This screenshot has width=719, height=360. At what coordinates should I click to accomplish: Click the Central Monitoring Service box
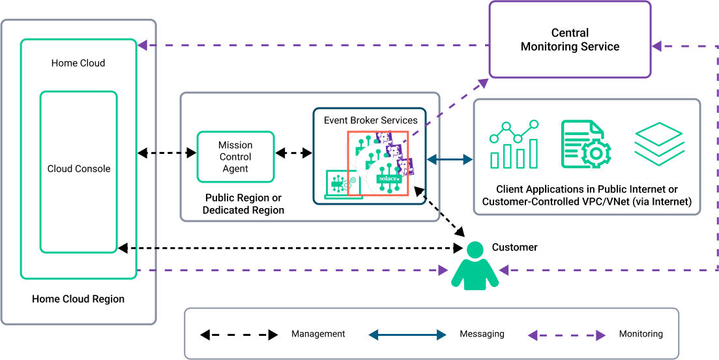pyautogui.click(x=570, y=40)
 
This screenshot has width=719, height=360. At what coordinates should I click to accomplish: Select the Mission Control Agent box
pyautogui.click(x=235, y=157)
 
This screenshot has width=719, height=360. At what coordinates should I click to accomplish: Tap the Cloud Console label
pyautogui.click(x=79, y=169)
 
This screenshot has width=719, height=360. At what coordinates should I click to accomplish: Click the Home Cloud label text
pyautogui.click(x=78, y=63)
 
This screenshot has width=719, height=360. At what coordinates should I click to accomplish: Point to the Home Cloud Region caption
pyautogui.click(x=78, y=299)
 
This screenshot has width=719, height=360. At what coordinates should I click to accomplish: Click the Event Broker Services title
pyautogui.click(x=370, y=120)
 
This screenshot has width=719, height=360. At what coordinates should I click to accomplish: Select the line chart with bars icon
pyautogui.click(x=515, y=144)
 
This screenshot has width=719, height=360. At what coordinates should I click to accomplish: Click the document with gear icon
pyautogui.click(x=585, y=144)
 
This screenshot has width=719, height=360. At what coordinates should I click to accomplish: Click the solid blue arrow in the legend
pyautogui.click(x=407, y=335)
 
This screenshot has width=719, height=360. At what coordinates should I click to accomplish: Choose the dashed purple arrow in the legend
pyautogui.click(x=566, y=335)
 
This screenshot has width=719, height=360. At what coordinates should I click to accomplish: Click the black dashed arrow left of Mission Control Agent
pyautogui.click(x=167, y=153)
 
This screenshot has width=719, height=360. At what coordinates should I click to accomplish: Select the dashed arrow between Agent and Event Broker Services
pyautogui.click(x=293, y=153)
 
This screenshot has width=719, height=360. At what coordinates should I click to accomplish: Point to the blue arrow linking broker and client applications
pyautogui.click(x=450, y=158)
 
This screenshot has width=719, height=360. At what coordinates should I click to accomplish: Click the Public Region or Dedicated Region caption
pyautogui.click(x=243, y=204)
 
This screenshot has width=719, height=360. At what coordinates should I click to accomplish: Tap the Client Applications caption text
pyautogui.click(x=587, y=196)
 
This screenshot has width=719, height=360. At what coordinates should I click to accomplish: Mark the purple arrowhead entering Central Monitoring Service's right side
pyautogui.click(x=657, y=46)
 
